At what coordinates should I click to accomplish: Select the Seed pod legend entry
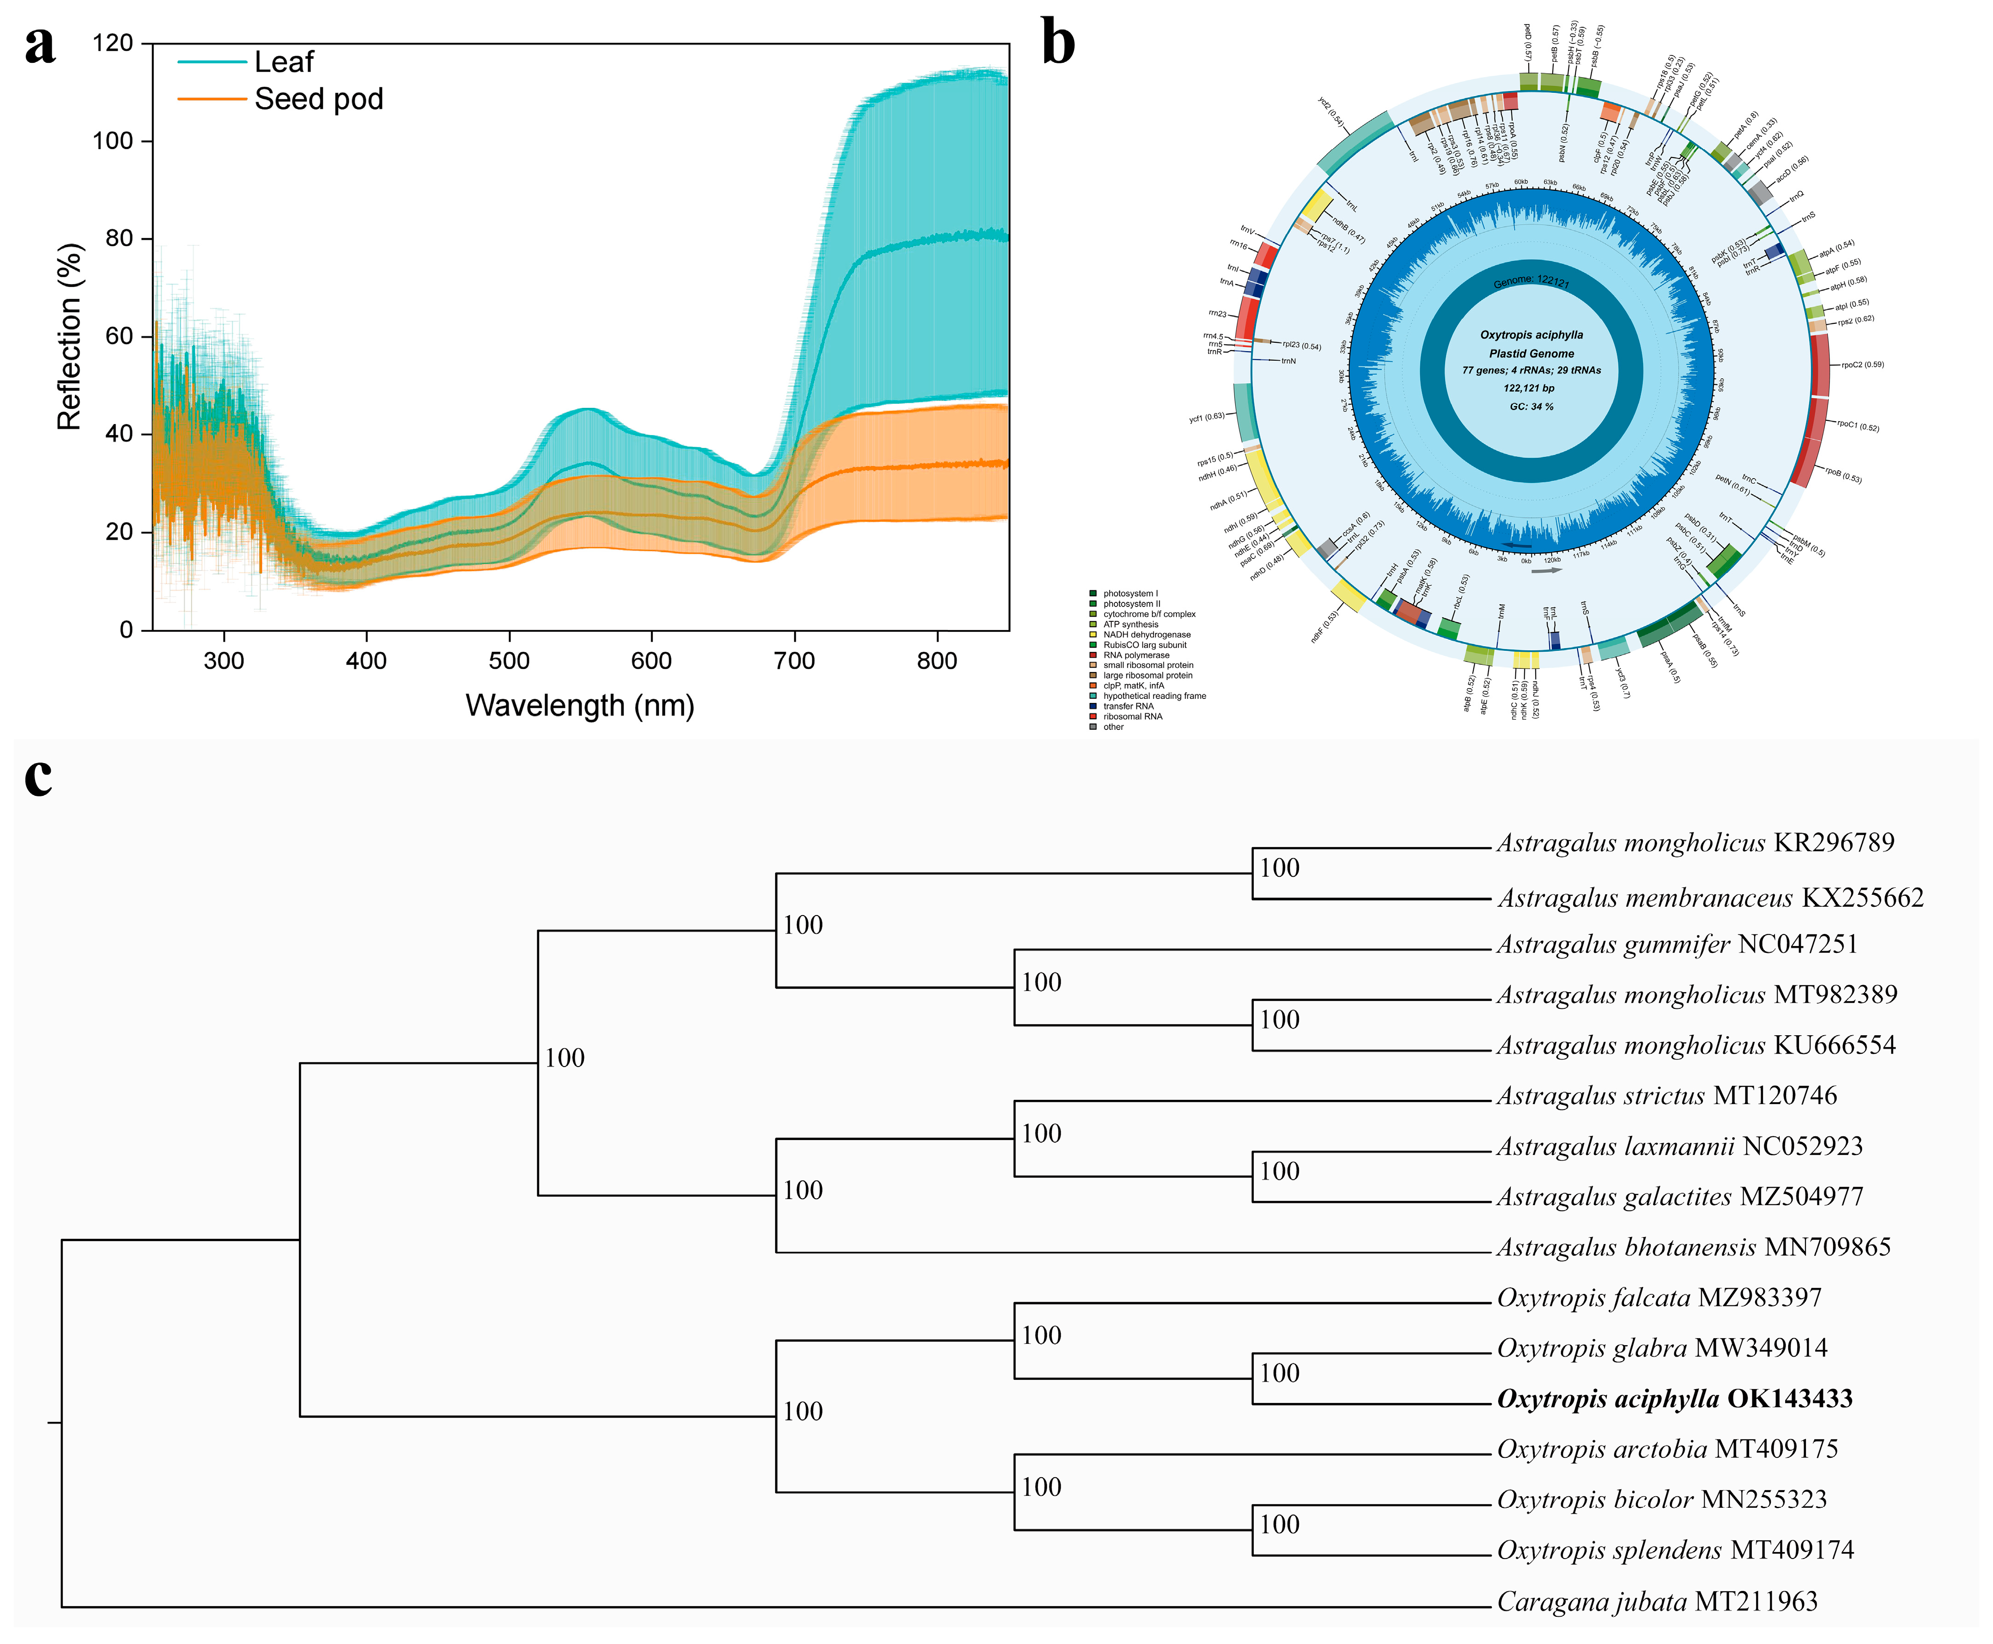coord(318,99)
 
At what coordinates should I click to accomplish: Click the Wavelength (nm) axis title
coord(580,705)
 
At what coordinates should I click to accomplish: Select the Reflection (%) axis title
coord(70,336)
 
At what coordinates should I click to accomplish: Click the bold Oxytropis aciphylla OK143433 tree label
coord(1674,1399)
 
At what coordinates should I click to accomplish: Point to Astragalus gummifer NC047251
coord(1677,944)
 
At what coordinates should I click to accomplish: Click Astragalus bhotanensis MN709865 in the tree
coord(1693,1247)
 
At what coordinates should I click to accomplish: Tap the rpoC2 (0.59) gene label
coord(1861,364)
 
